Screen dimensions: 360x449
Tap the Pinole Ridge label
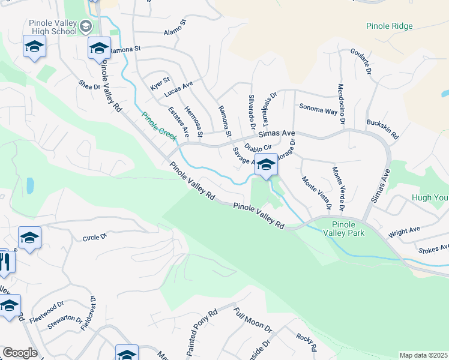pos(390,26)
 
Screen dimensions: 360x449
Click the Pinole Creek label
pos(159,127)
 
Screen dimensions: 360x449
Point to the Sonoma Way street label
pos(319,110)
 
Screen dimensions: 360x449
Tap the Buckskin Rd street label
pos(382,128)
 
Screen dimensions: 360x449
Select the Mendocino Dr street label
pos(341,104)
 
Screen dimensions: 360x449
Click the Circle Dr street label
pos(94,236)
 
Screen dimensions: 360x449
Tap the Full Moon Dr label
pos(253,320)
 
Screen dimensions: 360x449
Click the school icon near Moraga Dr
pos(265,164)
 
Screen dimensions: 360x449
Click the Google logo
pos(20,353)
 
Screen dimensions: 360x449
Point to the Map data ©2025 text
pos(423,355)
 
